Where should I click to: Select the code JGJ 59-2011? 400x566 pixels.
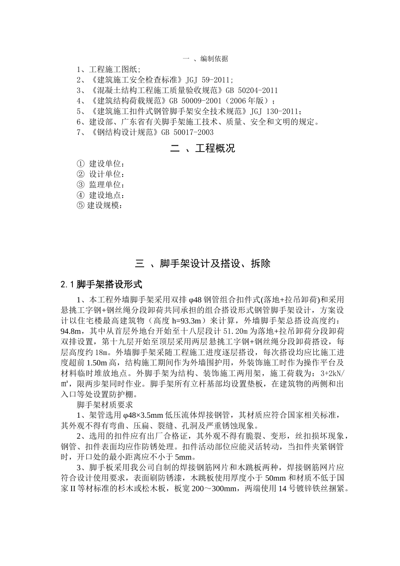click(x=208, y=80)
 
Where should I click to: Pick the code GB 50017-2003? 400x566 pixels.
click(x=187, y=132)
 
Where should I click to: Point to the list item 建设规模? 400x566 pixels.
click(x=104, y=206)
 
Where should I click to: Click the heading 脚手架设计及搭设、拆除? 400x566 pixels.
click(x=215, y=264)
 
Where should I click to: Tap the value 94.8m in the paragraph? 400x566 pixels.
click(x=72, y=331)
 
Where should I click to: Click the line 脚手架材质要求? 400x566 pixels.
click(x=105, y=405)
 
